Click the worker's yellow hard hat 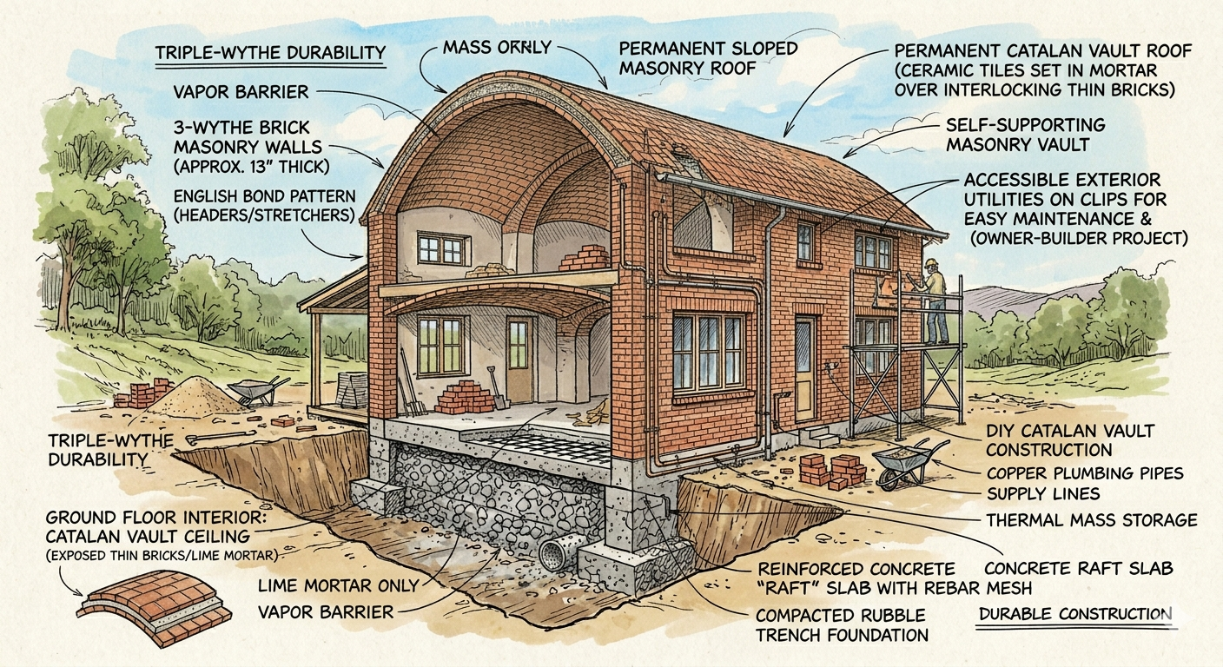(x=930, y=263)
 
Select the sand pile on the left (x=194, y=397)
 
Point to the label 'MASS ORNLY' (x=497, y=48)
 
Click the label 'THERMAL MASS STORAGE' (x=1092, y=519)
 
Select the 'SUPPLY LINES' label (x=1043, y=494)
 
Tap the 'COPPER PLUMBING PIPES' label (x=1085, y=472)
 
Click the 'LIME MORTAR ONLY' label (x=339, y=586)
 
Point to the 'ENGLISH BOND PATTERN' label (x=264, y=196)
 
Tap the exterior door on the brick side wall (x=804, y=369)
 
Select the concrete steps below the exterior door (x=818, y=437)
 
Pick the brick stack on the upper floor (x=585, y=259)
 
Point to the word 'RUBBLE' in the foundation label (x=889, y=616)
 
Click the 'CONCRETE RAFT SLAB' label (x=1079, y=568)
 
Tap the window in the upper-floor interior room (x=444, y=249)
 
